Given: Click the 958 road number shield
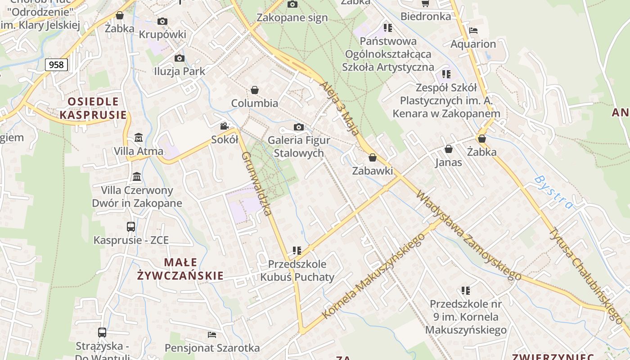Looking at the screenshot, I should [x=56, y=65].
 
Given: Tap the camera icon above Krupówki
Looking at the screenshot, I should [x=162, y=21].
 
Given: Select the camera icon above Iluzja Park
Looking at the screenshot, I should [x=179, y=58].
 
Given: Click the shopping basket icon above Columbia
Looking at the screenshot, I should [x=255, y=90].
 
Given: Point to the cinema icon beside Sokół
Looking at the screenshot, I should [x=225, y=126].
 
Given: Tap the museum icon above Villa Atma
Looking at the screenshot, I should [x=138, y=137].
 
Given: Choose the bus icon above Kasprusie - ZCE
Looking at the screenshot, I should [x=131, y=226].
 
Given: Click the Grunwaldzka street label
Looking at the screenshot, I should [x=258, y=183].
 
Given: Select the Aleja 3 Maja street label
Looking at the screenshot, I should [x=340, y=108].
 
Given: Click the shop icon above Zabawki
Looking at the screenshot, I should [x=372, y=157].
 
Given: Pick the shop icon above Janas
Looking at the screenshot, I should [x=448, y=149].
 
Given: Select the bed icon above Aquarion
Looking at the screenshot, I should [x=473, y=31].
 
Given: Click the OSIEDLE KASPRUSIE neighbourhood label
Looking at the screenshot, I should [x=93, y=108].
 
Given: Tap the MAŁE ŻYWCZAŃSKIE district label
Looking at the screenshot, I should [x=180, y=269].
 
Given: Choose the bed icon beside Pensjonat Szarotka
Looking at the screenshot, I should [x=212, y=334].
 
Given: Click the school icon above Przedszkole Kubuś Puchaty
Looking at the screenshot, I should [x=297, y=250].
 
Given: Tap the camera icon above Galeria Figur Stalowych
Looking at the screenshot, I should [x=298, y=127].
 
